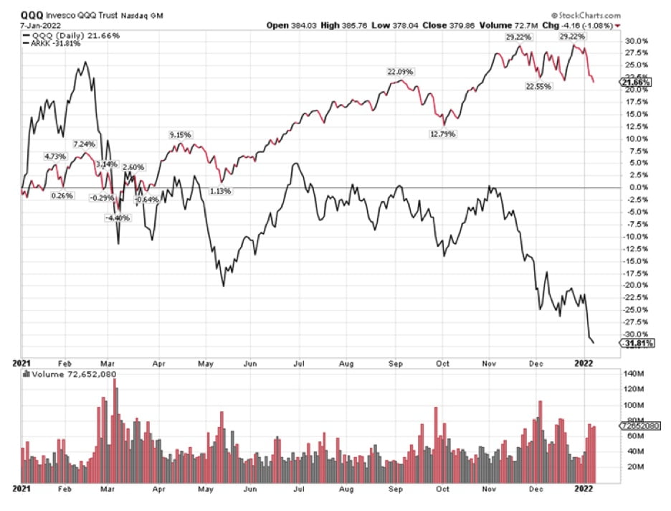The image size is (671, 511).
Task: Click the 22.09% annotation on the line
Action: (401, 71)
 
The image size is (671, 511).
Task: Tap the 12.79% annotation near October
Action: (442, 133)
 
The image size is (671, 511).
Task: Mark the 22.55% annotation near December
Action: (539, 88)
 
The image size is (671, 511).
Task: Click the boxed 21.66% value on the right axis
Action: (634, 83)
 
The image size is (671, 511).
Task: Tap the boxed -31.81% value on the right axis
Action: (634, 343)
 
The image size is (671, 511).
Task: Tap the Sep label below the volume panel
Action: (395, 488)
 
